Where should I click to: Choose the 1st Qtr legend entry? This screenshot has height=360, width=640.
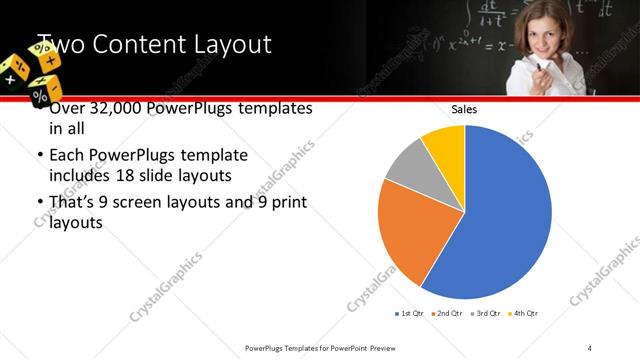pyautogui.click(x=410, y=314)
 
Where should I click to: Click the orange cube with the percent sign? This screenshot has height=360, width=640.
pyautogui.click(x=43, y=94)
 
